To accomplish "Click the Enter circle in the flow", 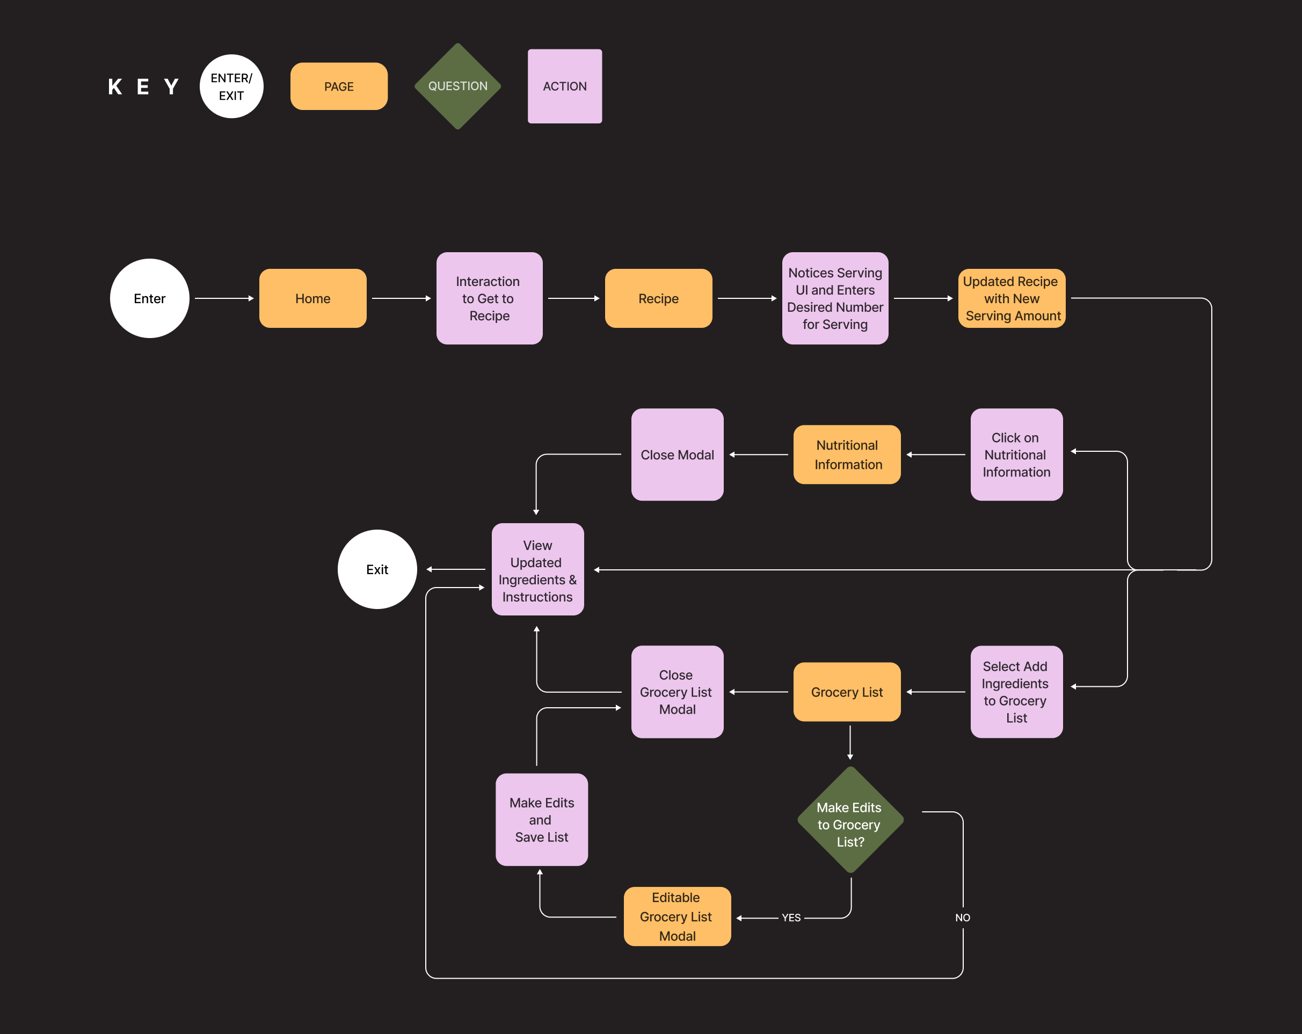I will pyautogui.click(x=149, y=298).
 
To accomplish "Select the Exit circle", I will pyautogui.click(x=377, y=569).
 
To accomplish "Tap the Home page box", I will pyautogui.click(x=312, y=298).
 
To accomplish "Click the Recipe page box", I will pyautogui.click(x=658, y=298).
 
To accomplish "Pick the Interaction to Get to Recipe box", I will pyautogui.click(x=489, y=298).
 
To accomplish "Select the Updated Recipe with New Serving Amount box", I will pyautogui.click(x=1012, y=298).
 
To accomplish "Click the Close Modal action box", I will pyautogui.click(x=677, y=454).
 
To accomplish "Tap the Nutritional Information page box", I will pyautogui.click(x=847, y=454).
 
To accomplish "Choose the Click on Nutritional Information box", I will pyautogui.click(x=1016, y=454).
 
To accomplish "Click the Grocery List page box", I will pyautogui.click(x=847, y=692).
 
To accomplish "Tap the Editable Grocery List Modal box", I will pyautogui.click(x=677, y=916).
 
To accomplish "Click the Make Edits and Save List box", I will pyautogui.click(x=542, y=820).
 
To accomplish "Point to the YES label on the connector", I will pyautogui.click(x=791, y=918).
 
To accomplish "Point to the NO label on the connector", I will pyautogui.click(x=963, y=918).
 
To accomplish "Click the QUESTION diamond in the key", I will pyautogui.click(x=458, y=86).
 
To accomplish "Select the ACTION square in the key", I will pyautogui.click(x=565, y=86).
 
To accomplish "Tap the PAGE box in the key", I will pyautogui.click(x=339, y=86).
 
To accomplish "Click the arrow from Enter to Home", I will pyautogui.click(x=224, y=298).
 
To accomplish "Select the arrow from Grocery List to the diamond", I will pyautogui.click(x=850, y=743).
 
